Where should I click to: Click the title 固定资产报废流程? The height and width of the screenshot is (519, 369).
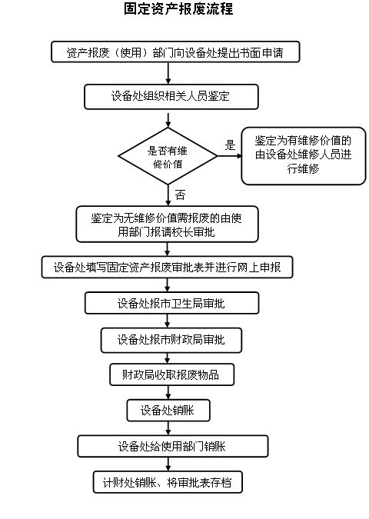point(178,9)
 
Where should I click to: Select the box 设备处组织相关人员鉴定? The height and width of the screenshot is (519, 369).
point(171,97)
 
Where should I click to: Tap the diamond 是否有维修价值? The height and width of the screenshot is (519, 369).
point(168,156)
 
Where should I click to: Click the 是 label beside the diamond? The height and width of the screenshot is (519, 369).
point(230,145)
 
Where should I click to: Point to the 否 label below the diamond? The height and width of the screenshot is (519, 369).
point(180,195)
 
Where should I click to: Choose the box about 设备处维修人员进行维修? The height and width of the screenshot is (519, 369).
point(304,156)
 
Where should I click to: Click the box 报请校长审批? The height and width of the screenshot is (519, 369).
point(167,225)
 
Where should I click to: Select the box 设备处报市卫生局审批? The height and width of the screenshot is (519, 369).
point(171,303)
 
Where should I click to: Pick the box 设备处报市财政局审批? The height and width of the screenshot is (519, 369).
point(171,340)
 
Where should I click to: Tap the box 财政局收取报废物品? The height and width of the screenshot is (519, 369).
point(171,374)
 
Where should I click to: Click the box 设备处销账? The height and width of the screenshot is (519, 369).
point(168,411)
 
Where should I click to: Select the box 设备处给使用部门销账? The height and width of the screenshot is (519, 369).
point(173,446)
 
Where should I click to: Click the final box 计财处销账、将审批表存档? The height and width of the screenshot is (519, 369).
point(168,482)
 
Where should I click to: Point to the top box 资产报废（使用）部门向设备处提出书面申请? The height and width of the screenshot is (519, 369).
point(175,52)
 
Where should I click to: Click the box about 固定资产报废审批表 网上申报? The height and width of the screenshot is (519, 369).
point(167,267)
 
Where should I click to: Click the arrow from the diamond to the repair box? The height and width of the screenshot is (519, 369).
point(230,156)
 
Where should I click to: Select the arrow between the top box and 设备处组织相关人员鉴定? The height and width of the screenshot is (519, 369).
point(168,74)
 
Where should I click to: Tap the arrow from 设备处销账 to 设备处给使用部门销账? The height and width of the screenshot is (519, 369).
point(168,428)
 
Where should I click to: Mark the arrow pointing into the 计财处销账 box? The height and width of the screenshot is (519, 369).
point(168,464)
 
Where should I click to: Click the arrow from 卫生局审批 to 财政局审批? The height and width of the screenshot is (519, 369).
point(168,321)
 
